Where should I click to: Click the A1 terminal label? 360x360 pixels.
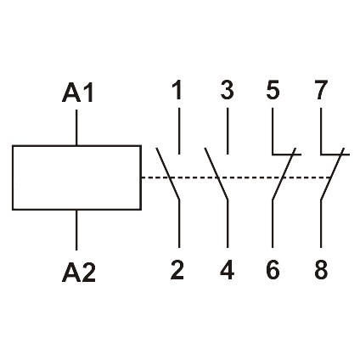click(77, 92)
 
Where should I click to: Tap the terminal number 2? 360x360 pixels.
click(177, 272)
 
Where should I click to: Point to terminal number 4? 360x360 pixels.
click(227, 272)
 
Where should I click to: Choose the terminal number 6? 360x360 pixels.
click(273, 272)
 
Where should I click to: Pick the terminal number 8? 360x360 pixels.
click(321, 272)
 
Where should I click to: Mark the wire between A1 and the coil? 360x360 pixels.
click(77, 127)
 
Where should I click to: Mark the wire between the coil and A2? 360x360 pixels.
click(77, 229)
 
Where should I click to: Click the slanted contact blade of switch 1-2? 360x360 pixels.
click(168, 173)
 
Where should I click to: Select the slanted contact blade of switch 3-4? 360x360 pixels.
click(217, 173)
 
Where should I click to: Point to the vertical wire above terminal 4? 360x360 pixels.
click(227, 229)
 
